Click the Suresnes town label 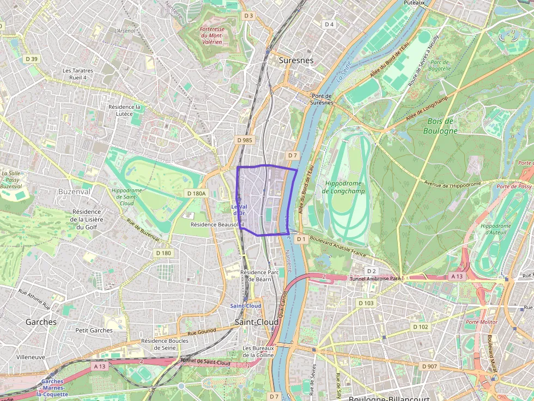pyautogui.click(x=296, y=60)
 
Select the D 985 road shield pyautogui.click(x=245, y=140)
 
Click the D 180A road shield pyautogui.click(x=196, y=193)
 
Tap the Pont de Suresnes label pyautogui.click(x=321, y=99)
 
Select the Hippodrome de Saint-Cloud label pyautogui.click(x=126, y=197)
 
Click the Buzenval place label pyautogui.click(x=74, y=192)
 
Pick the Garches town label pyautogui.click(x=41, y=322)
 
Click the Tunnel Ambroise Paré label pyautogui.click(x=377, y=279)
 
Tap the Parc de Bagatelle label pyautogui.click(x=440, y=65)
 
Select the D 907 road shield pyautogui.click(x=429, y=366)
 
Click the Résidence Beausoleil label pyautogui.click(x=217, y=224)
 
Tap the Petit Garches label pyautogui.click(x=94, y=330)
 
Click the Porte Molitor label pyautogui.click(x=481, y=322)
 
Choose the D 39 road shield pyautogui.click(x=32, y=59)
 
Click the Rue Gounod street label pyautogui.click(x=202, y=330)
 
